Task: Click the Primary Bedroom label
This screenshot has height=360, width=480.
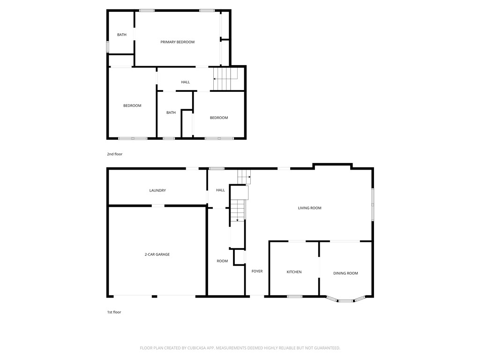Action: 177,42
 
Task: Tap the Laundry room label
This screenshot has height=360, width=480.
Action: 157,190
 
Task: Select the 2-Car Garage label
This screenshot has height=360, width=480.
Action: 157,255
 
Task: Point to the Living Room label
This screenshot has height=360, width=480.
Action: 309,208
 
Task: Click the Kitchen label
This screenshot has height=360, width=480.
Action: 294,272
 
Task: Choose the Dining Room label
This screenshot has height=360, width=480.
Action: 345,273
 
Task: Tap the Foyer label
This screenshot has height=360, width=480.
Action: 257,271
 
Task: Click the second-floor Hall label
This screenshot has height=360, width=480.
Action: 186,82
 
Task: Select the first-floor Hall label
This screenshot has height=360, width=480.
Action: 220,190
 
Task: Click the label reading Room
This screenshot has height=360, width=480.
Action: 222,261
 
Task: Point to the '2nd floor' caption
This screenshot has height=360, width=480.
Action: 114,154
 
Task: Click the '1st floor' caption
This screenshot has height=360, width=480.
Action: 114,312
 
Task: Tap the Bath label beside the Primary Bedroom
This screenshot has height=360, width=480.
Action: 122,35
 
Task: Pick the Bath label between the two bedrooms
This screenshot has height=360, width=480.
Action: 171,112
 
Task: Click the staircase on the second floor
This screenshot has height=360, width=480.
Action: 225,79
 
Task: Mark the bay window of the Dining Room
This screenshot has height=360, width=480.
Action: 346,300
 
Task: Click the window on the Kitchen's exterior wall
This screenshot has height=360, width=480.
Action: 294,296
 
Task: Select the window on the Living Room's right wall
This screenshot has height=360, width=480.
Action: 373,204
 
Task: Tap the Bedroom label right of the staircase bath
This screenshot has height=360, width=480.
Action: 218,118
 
